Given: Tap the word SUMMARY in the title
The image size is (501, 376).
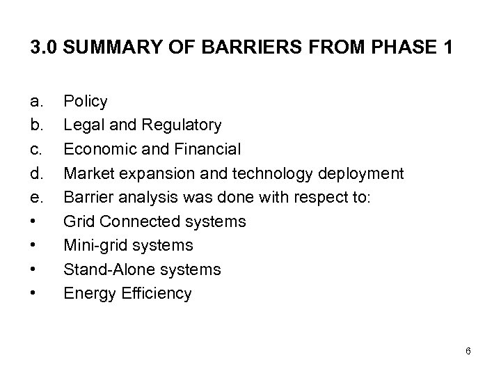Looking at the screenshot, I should (x=106, y=49).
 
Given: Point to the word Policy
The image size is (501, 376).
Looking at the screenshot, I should (x=86, y=102).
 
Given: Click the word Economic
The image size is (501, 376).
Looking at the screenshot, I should (x=97, y=150).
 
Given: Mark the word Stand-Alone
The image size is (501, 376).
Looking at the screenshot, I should (x=104, y=269).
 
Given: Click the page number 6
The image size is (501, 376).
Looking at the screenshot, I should (x=468, y=351).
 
